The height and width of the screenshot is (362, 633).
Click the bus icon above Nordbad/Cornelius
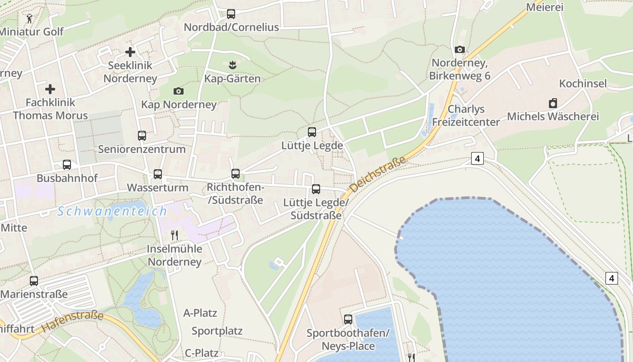tap(231, 14)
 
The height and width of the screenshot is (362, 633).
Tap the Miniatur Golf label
tap(32, 32)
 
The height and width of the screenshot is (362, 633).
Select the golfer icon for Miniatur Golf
tap(30, 18)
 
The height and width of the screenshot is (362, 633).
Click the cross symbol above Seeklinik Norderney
tap(130, 52)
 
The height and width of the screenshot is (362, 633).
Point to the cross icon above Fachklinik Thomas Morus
tap(50, 89)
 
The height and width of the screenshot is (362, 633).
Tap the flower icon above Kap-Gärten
tap(232, 65)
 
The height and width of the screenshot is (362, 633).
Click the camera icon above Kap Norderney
tap(179, 91)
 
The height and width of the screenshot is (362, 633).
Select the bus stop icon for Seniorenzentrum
tap(142, 135)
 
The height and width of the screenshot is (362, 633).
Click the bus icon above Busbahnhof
tap(67, 164)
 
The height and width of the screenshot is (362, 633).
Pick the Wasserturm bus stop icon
tap(158, 174)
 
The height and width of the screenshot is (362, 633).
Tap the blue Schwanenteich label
tap(112, 211)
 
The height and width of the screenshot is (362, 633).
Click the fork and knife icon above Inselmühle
tap(175, 235)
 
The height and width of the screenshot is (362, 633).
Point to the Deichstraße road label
tap(378, 174)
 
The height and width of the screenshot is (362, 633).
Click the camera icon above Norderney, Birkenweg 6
tap(460, 49)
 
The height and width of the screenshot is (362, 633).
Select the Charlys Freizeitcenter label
tap(466, 115)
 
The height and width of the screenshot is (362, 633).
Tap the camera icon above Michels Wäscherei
tap(553, 103)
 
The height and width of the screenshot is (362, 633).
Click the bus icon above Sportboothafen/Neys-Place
tap(348, 319)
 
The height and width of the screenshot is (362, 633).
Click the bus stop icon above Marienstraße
tap(34, 281)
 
